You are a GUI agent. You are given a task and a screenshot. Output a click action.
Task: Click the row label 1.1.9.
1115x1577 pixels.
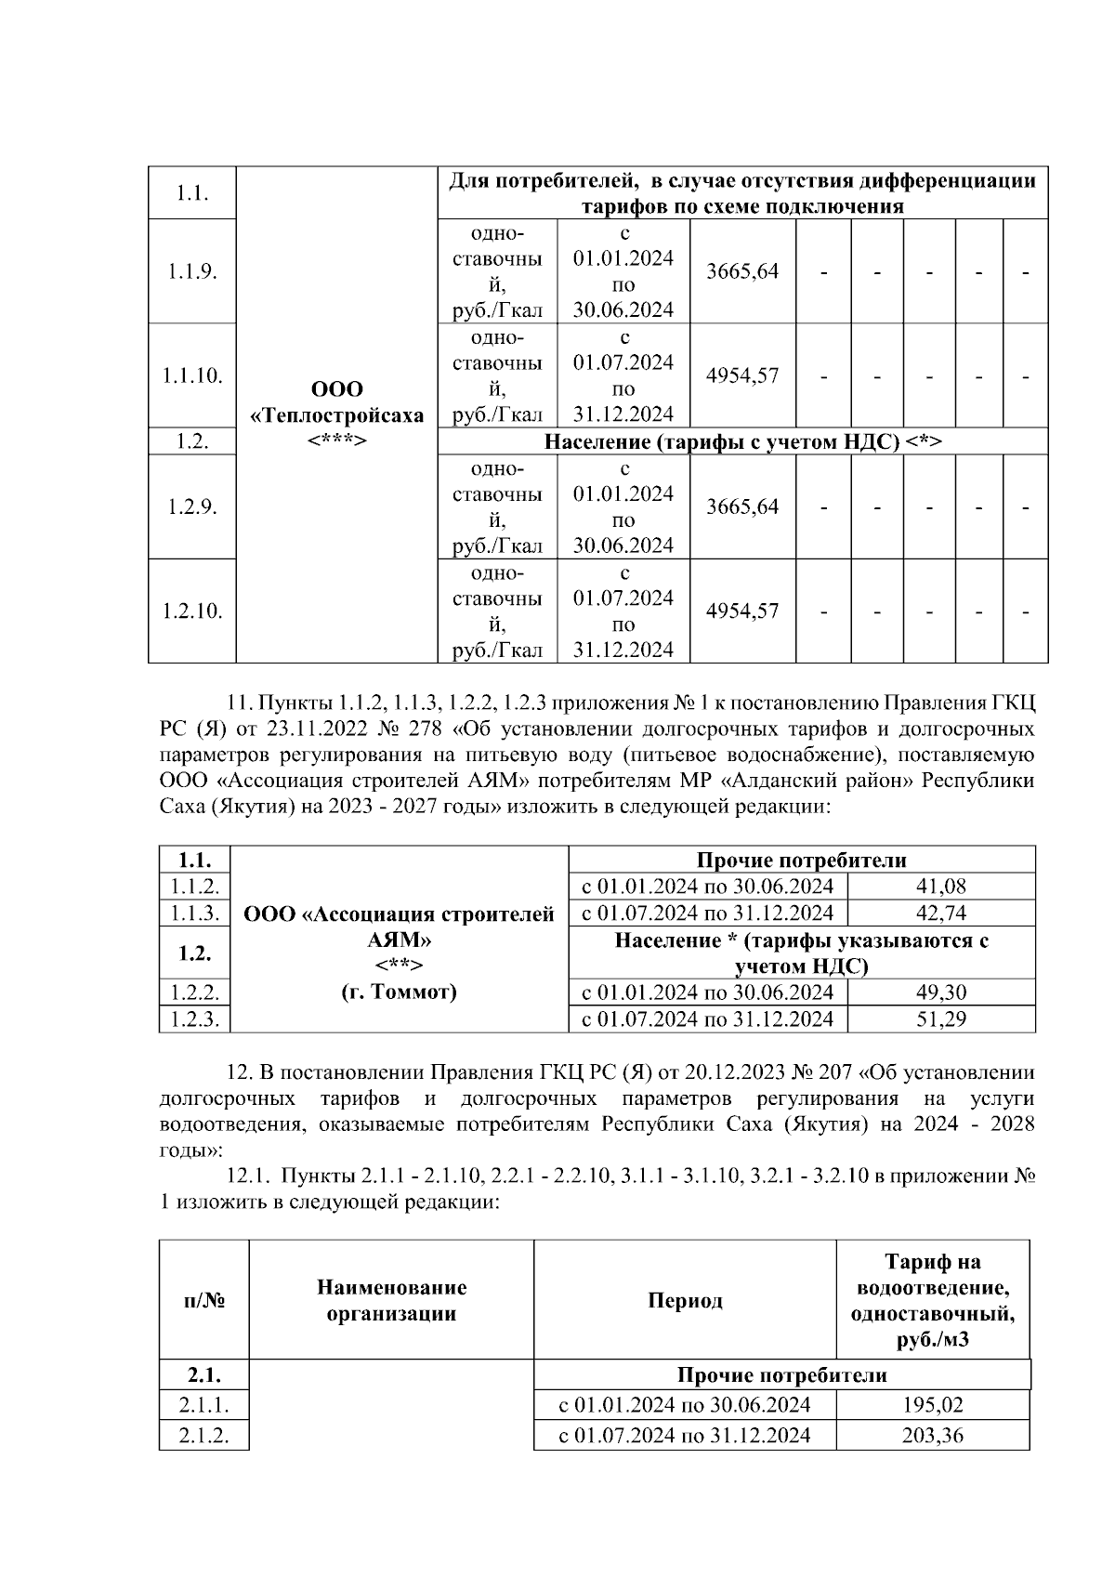pos(192,271)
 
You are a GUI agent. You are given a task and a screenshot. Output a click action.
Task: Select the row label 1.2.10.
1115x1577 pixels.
pos(192,611)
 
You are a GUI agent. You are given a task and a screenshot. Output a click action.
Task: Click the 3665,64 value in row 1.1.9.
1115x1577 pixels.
pos(742,271)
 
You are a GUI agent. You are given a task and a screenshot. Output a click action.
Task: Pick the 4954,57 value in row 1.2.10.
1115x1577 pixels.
pos(742,611)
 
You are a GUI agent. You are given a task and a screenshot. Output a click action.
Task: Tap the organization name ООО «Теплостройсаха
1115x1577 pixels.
pos(337,402)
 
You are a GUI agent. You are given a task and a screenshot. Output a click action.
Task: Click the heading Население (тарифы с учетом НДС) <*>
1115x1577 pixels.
pos(742,441)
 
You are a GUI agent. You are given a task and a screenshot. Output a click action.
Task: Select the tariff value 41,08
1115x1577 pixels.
pos(941,886)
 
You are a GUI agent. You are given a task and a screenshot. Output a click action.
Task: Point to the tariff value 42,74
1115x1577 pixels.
pos(941,913)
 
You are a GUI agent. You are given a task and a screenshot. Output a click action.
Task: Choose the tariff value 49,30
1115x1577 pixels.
pos(941,992)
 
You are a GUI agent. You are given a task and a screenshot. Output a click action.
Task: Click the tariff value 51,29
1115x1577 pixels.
pos(941,1018)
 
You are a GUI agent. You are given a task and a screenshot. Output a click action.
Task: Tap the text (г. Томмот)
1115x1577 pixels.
pos(399,992)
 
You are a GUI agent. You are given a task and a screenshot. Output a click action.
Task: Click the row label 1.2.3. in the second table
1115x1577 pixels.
pos(193,1018)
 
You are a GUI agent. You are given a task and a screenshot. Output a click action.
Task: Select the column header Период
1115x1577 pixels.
pos(685,1300)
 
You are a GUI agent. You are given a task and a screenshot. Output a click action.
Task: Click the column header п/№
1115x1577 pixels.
pos(203,1300)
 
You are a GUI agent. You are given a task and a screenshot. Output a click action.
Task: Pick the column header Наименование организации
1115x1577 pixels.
pos(391,1300)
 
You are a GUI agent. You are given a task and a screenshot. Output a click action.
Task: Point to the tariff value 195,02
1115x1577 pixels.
pos(932,1404)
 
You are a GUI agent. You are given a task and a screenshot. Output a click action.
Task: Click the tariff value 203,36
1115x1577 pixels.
pos(932,1436)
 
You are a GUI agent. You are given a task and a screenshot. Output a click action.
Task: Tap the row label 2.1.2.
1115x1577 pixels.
pos(203,1436)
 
